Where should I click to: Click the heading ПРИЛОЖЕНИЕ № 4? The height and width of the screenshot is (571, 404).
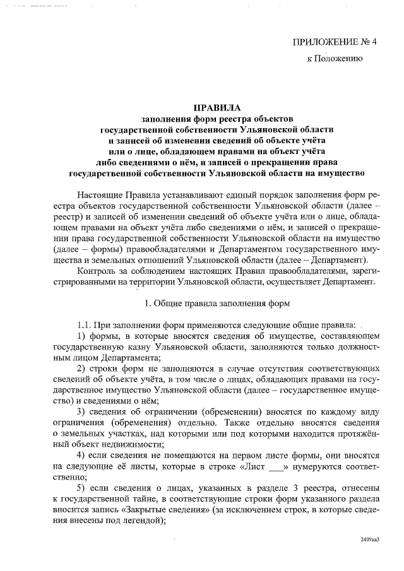[334, 42]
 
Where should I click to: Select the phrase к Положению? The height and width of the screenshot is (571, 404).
[334, 60]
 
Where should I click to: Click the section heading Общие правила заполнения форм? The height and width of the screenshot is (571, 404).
[217, 303]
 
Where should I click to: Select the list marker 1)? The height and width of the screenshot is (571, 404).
[81, 336]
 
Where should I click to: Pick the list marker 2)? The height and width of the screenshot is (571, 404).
[81, 368]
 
